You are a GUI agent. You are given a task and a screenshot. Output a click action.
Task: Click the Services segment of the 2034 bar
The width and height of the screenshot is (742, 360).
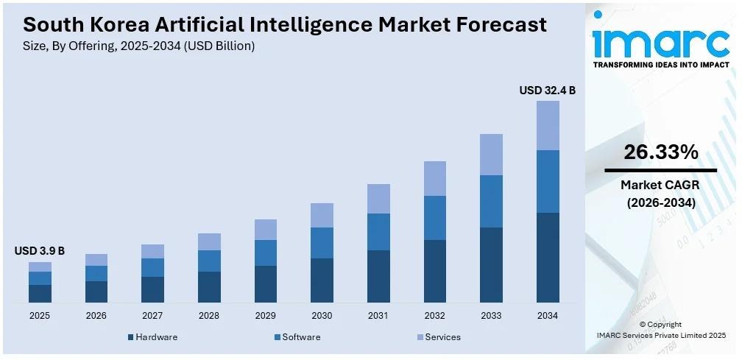(548, 125)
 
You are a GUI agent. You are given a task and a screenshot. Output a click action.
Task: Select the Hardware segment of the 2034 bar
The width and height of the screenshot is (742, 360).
(548, 258)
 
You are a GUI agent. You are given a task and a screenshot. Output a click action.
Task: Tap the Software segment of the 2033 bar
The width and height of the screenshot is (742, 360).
(491, 201)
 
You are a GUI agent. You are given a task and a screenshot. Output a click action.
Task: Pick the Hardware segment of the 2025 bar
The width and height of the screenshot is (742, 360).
(40, 294)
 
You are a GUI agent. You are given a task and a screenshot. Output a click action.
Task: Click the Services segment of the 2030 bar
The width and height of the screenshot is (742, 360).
(322, 215)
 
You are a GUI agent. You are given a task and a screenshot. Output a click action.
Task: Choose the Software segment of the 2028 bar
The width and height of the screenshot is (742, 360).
(209, 261)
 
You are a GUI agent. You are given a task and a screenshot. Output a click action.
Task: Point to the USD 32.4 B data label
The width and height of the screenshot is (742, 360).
(547, 91)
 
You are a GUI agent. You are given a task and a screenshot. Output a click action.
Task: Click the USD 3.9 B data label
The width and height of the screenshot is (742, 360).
(40, 251)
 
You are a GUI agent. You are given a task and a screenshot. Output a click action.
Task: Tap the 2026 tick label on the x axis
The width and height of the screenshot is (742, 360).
(96, 315)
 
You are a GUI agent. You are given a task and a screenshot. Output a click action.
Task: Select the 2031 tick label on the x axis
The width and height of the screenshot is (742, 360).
(378, 315)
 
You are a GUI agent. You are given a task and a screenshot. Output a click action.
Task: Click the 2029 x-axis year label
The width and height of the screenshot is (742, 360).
(266, 315)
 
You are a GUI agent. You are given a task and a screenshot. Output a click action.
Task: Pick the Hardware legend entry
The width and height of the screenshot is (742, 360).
(152, 337)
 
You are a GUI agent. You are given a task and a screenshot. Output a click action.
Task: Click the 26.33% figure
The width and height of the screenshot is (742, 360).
(660, 152)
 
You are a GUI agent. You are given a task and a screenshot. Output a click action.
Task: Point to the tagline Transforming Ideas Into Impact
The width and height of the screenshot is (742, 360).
(660, 65)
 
